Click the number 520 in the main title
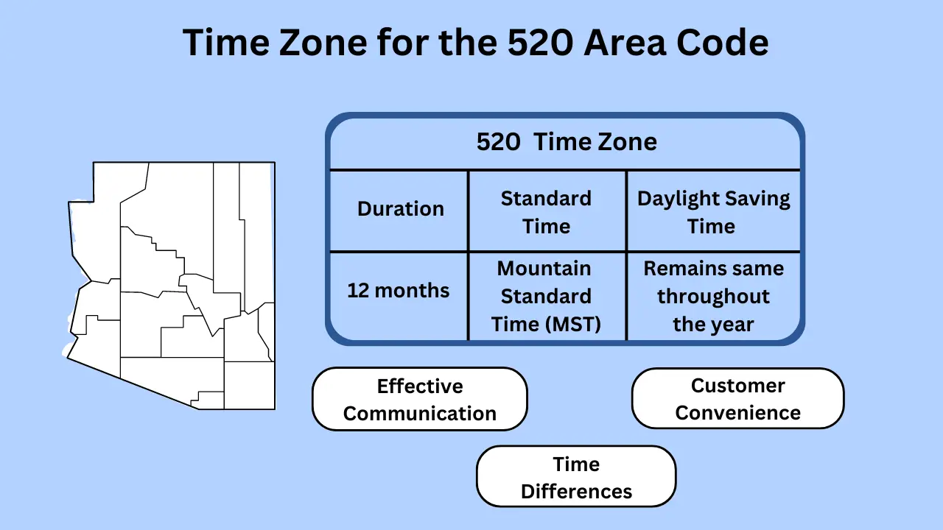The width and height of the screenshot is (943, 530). (x=540, y=42)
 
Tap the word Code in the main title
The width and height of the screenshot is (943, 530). (x=723, y=42)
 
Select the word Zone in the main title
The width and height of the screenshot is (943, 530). (x=323, y=42)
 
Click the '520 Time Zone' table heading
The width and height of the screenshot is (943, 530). (x=567, y=142)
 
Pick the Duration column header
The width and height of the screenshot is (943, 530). (x=400, y=208)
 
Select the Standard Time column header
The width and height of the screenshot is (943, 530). (x=546, y=213)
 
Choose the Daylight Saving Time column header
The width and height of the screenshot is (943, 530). (x=714, y=213)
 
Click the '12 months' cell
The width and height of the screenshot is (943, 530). (x=399, y=290)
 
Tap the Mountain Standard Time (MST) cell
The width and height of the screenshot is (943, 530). (x=546, y=296)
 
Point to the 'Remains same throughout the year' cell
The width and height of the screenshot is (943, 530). (x=714, y=296)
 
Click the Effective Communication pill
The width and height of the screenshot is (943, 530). (x=420, y=399)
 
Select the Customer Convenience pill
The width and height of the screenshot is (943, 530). (x=738, y=399)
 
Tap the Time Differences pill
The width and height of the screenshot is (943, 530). (x=576, y=476)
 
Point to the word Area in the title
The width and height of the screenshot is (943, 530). (x=625, y=42)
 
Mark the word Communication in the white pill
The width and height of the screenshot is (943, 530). (x=420, y=414)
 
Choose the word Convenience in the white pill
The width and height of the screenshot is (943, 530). (x=738, y=413)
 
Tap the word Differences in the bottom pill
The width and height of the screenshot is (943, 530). (x=576, y=491)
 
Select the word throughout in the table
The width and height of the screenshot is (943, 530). (x=714, y=297)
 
